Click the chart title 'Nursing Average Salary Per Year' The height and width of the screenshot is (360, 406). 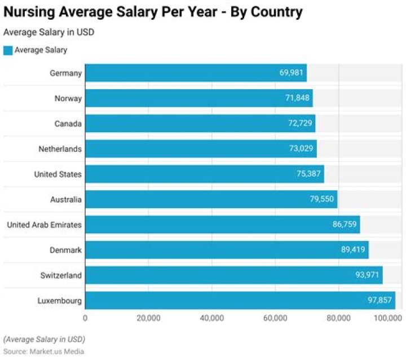point(153,11)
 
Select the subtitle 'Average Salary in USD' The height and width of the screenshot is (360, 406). point(48,32)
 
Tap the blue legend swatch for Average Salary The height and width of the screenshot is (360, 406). point(8,50)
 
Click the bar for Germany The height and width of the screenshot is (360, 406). point(196,73)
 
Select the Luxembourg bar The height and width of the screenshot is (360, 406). point(240,300)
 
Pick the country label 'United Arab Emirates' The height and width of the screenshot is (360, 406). point(44,225)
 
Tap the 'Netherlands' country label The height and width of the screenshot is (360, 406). point(60,149)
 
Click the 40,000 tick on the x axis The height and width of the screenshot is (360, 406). point(211,318)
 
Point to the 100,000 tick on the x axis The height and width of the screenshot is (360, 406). point(387,318)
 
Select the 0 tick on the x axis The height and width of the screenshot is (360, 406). point(85,318)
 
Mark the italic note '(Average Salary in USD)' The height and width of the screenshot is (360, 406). point(43,339)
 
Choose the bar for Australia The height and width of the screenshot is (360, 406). point(211,199)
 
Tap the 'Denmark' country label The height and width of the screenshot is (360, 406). point(67,249)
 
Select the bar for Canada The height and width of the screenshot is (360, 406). point(200,124)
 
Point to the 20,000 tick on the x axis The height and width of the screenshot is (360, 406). point(148,318)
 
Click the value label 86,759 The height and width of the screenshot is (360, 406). point(345,225)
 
